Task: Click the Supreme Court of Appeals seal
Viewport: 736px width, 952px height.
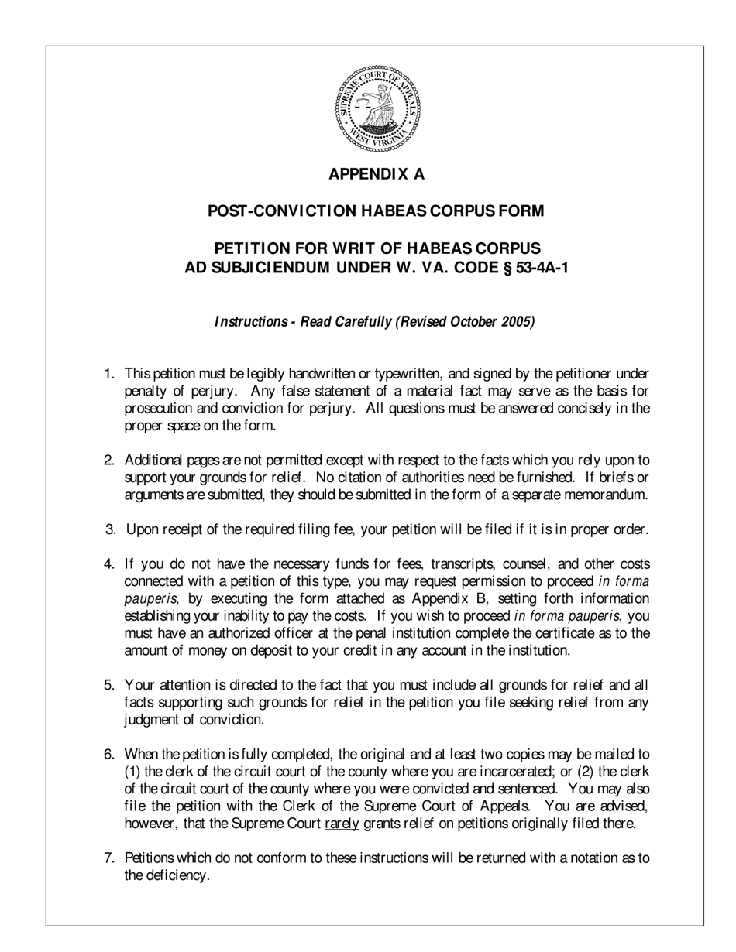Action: [377, 108]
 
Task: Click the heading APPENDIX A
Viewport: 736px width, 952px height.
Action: [377, 174]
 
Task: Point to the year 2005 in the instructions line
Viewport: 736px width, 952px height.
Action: [516, 322]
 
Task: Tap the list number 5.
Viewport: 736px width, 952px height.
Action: [109, 685]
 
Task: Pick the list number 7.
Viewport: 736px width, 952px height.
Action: [108, 858]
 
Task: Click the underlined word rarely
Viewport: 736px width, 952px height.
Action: [342, 824]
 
